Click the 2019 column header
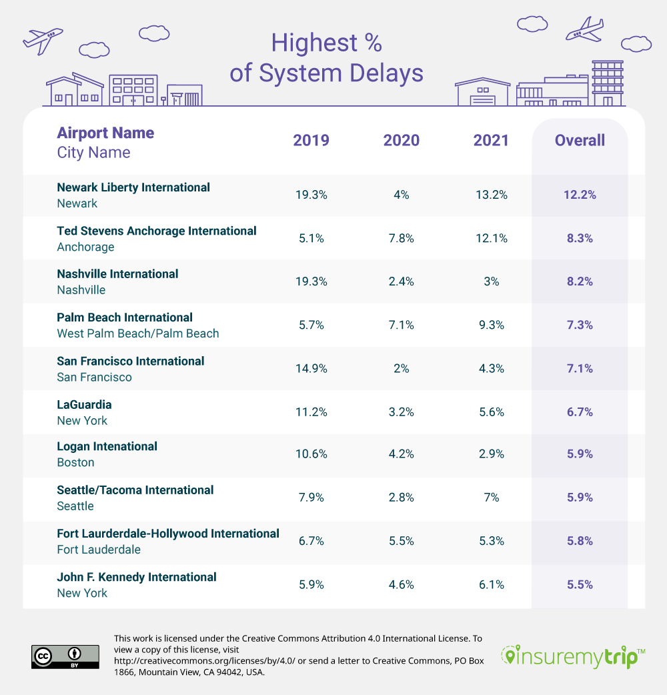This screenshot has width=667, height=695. pyautogui.click(x=311, y=140)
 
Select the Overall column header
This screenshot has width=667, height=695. pyautogui.click(x=580, y=140)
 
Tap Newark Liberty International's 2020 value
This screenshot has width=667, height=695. pyautogui.click(x=401, y=195)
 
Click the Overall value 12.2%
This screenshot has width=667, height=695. pyautogui.click(x=580, y=195)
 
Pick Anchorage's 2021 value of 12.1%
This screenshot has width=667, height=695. pyautogui.click(x=491, y=238)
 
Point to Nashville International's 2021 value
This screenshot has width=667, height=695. pyautogui.click(x=491, y=281)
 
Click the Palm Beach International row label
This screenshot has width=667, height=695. pyautogui.click(x=125, y=317)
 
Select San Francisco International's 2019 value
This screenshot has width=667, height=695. pyautogui.click(x=311, y=368)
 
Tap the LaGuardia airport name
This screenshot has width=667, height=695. pyautogui.click(x=84, y=404)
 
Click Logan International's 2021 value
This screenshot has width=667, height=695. pyautogui.click(x=491, y=454)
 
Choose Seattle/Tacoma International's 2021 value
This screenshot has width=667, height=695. pyautogui.click(x=491, y=498)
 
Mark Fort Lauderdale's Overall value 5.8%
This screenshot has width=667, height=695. pyautogui.click(x=580, y=541)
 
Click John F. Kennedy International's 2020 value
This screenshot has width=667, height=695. pyautogui.click(x=401, y=584)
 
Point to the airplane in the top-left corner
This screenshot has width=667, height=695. pyautogui.click(x=43, y=39)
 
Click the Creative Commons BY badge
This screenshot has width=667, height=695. pyautogui.click(x=65, y=656)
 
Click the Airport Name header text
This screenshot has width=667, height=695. pyautogui.click(x=105, y=133)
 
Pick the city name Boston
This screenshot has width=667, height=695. pyautogui.click(x=75, y=462)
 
